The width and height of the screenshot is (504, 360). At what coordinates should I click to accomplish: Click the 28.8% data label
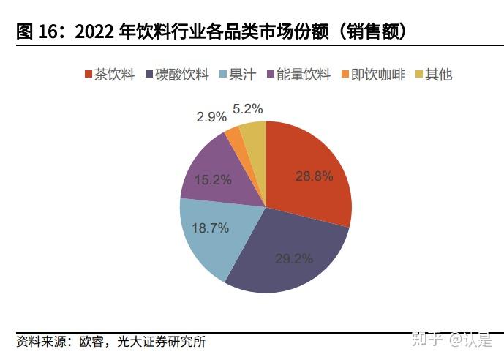tap(314, 176)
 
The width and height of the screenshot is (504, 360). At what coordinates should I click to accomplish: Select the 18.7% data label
tap(210, 228)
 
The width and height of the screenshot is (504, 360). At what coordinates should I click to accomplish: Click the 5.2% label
tap(248, 108)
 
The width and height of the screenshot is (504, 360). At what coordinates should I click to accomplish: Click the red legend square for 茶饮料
tap(89, 75)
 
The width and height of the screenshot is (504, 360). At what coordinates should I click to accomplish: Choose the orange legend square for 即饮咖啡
tap(345, 75)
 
